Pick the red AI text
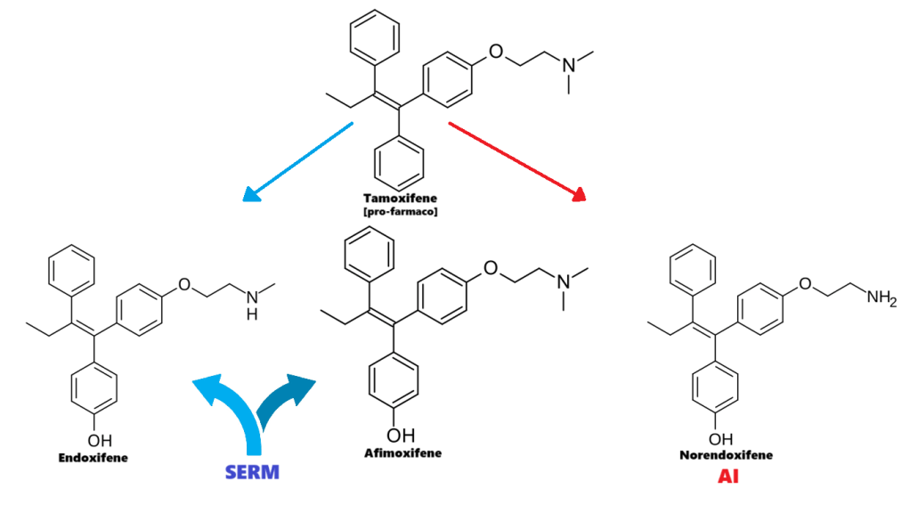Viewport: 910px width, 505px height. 729,477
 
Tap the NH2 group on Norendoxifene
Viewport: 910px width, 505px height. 880,299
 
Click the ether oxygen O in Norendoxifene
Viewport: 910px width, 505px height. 807,285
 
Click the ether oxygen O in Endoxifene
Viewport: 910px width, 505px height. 184,285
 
